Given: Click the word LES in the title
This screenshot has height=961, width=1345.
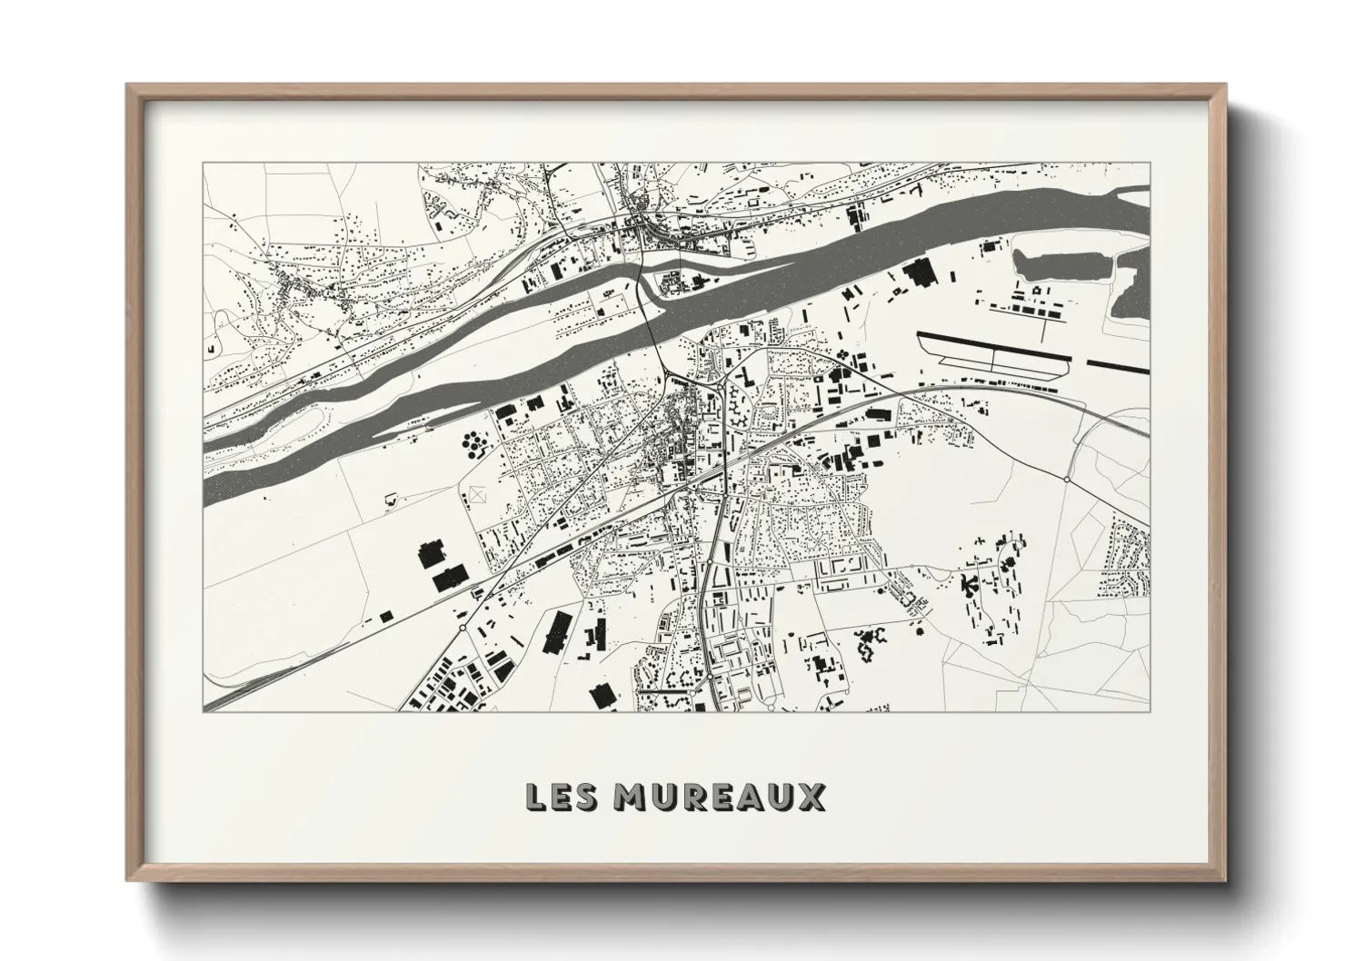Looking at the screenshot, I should (561, 797).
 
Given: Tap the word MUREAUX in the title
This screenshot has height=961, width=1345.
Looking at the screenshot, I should (719, 797).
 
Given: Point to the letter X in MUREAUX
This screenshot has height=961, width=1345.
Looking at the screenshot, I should (812, 797).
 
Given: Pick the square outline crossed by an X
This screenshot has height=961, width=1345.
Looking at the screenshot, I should (478, 496).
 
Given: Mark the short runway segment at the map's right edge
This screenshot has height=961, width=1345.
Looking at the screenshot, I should (1117, 366).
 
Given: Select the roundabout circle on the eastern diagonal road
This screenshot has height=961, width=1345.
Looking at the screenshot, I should (1067, 478).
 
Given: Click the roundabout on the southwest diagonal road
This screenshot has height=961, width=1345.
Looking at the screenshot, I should (463, 627).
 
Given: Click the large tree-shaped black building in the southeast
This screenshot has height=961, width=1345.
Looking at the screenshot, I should (968, 584).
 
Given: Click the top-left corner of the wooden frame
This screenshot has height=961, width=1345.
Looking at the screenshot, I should (128, 85).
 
